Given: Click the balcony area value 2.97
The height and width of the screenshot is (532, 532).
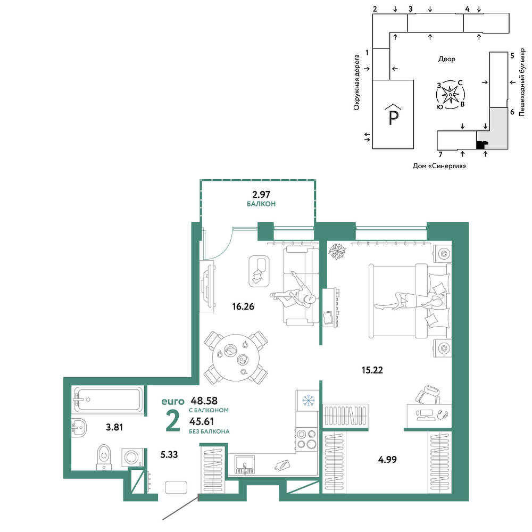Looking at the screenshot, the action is pos(261,194).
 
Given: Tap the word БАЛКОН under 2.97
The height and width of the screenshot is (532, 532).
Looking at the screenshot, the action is pos(261,204).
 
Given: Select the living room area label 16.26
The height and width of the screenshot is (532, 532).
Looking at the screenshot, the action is pos(243,306).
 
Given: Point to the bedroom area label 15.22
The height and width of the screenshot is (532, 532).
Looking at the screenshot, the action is pos(372,370).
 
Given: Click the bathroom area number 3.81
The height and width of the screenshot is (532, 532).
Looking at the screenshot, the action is pos(114,427).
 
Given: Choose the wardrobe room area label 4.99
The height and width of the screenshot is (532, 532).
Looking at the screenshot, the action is pos(387,460).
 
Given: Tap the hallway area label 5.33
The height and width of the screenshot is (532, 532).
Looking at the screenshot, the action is pos(169,454).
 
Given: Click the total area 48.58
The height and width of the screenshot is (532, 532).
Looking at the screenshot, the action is pos(204,401).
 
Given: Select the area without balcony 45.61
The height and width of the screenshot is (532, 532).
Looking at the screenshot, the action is pos(202,421).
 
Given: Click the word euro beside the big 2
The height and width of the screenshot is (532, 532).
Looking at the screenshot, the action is pos(173,401).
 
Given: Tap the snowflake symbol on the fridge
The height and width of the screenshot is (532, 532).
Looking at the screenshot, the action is pos(308,401).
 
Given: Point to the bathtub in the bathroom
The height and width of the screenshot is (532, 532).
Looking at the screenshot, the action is pos(108,400).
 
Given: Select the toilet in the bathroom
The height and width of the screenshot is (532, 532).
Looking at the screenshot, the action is pos(104,458).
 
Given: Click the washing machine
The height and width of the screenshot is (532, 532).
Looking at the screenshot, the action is pos(132,458).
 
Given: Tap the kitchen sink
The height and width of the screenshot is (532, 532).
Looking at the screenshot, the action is pos(244,464).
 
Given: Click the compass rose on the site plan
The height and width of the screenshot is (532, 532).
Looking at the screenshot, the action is pos(450,95).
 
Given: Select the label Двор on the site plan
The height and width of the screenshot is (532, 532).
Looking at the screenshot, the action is pos(447,59).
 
